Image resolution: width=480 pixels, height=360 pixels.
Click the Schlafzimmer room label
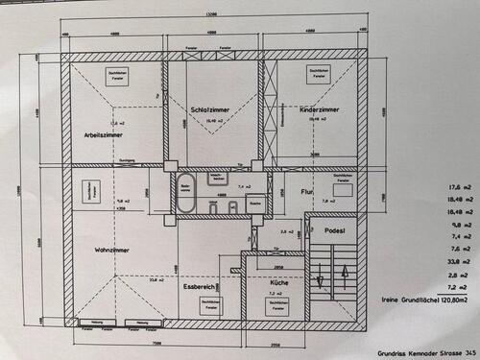point(214,109)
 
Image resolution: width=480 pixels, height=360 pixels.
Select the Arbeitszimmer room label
point(104,134)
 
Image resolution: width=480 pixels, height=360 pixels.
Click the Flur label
point(308,191)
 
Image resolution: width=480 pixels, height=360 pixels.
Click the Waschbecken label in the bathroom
point(219,179)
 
